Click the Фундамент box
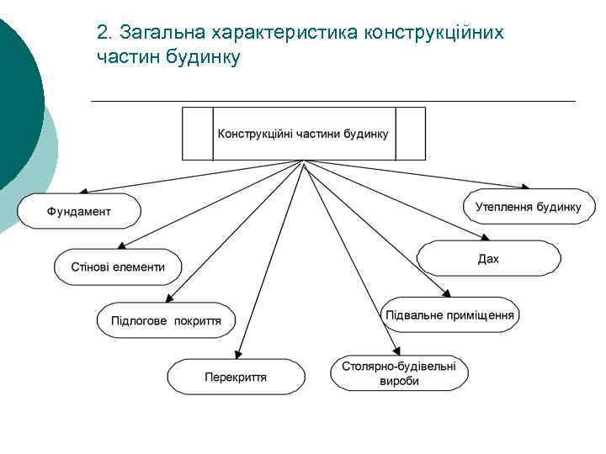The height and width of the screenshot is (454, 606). (x=78, y=211)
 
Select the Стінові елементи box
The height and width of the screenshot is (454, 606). (x=117, y=267)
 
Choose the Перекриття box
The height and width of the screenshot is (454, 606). (x=235, y=377)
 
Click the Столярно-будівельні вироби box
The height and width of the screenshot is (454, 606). (x=398, y=373)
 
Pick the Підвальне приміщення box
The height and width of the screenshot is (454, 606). (x=449, y=315)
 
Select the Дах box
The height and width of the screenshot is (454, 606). (x=488, y=259)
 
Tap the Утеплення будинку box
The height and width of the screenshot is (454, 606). (x=528, y=207)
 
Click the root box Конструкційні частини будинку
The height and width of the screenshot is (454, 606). (x=303, y=134)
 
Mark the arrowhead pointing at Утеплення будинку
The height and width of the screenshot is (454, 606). (x=526, y=187)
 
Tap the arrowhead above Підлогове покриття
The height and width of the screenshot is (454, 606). (x=168, y=299)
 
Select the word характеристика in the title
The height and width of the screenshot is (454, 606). (x=285, y=33)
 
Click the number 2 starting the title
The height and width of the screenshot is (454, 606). (x=102, y=33)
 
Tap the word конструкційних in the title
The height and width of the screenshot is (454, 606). (x=433, y=33)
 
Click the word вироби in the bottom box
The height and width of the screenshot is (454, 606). (x=398, y=381)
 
